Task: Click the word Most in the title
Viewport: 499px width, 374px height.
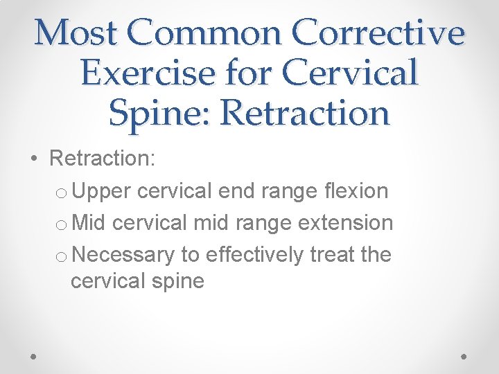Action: tap(72, 33)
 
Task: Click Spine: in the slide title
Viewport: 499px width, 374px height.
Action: tap(159, 113)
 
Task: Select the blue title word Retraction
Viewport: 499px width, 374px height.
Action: tap(305, 113)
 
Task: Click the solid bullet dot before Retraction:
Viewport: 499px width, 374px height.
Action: tap(35, 159)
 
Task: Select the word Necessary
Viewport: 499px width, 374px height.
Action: tap(123, 255)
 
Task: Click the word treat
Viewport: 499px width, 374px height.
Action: tap(332, 255)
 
